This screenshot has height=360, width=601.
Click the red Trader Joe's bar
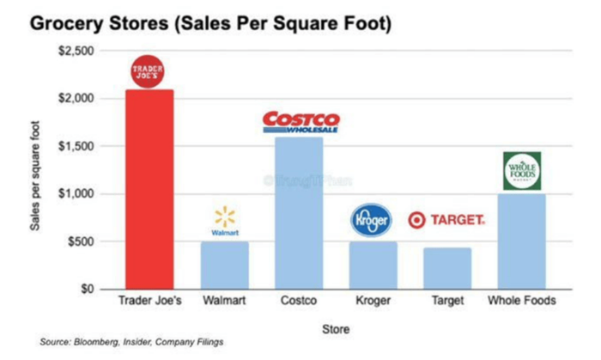tap(150, 189)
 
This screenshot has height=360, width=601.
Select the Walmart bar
tap(225, 265)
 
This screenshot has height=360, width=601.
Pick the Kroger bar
tap(372, 265)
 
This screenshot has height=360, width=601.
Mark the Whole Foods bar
tap(521, 241)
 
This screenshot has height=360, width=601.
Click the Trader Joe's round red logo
tap(150, 70)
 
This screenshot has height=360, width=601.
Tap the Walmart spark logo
tap(224, 217)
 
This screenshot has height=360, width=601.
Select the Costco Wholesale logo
tap(300, 122)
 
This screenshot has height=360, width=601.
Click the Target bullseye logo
tap(417, 220)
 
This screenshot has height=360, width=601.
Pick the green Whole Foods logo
tap(522, 170)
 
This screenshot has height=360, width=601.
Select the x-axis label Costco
tap(299, 302)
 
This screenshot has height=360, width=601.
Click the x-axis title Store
tap(336, 327)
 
